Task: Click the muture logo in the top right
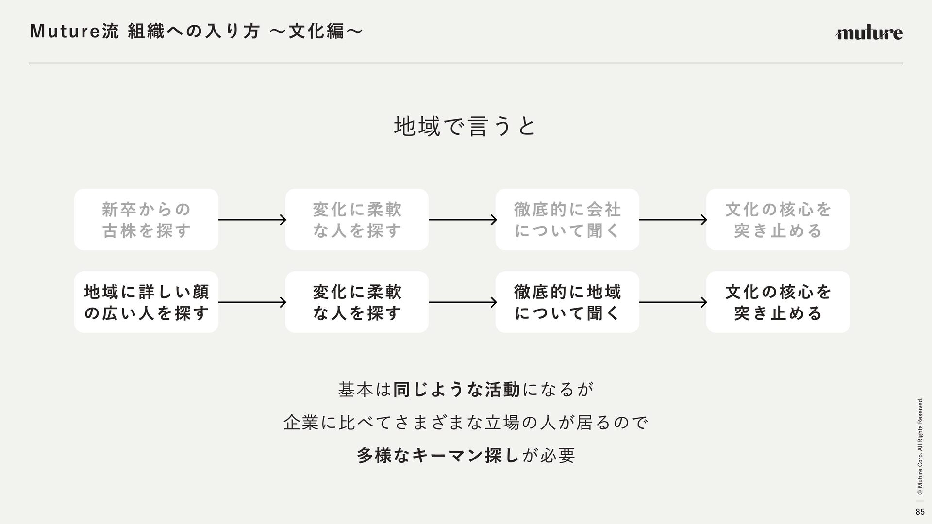869,33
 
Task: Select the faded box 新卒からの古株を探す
146,220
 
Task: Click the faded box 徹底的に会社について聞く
567,220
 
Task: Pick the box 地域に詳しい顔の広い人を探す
146,302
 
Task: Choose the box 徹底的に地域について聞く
567,302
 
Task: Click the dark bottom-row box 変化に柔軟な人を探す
357,302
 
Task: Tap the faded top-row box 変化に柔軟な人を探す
357,220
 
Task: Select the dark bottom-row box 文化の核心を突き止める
778,302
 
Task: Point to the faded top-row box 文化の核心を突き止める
778,220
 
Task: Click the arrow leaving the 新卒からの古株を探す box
252,220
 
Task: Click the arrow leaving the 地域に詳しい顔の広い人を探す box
252,302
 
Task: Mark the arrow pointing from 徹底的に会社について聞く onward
673,220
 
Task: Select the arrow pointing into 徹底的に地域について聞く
462,302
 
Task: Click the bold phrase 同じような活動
456,390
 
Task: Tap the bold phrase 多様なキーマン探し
438,456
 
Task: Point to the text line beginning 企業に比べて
466,423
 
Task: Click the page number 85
920,512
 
